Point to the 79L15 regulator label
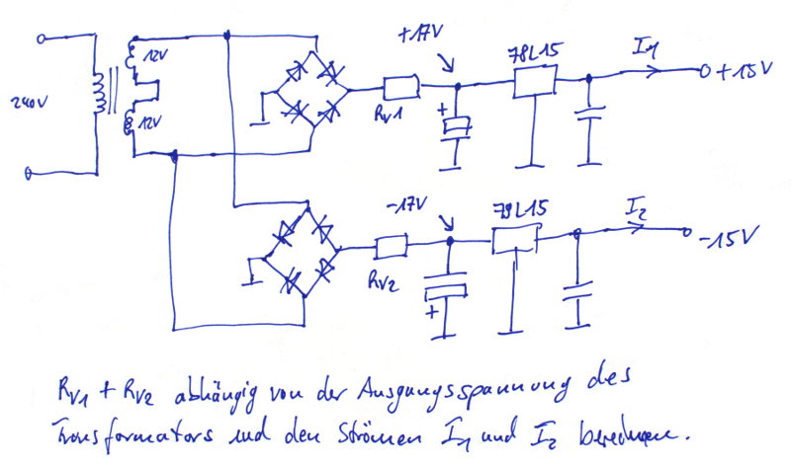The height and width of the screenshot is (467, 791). point(520,209)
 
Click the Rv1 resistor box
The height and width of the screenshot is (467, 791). point(400,87)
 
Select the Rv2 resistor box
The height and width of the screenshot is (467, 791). point(392,244)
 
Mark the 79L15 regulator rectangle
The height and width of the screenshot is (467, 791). point(514,240)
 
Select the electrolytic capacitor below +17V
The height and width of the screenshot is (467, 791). point(456,125)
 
